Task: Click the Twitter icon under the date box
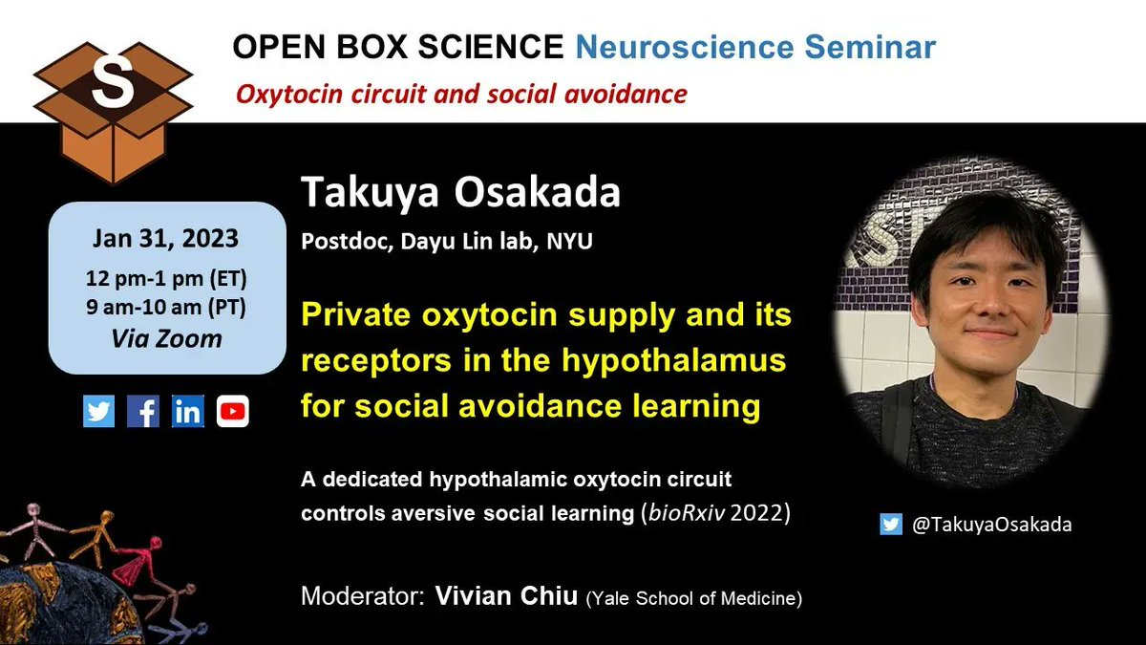click(98, 411)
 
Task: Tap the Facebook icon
click(143, 411)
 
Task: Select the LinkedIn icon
click(188, 411)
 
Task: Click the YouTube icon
click(232, 411)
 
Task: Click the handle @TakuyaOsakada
click(989, 525)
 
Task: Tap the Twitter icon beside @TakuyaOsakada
click(890, 524)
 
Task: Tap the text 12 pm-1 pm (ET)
click(166, 281)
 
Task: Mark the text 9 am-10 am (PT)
click(166, 308)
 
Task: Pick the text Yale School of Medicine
click(693, 599)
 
